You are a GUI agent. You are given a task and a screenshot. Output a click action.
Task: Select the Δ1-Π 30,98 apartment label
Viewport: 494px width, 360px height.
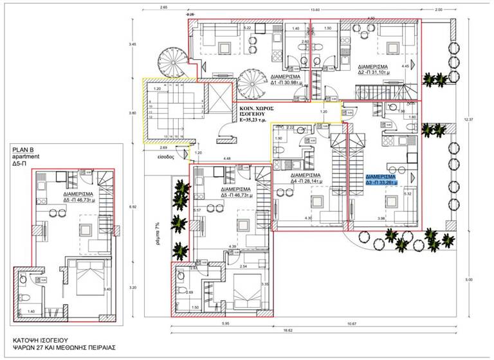click(278, 79)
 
